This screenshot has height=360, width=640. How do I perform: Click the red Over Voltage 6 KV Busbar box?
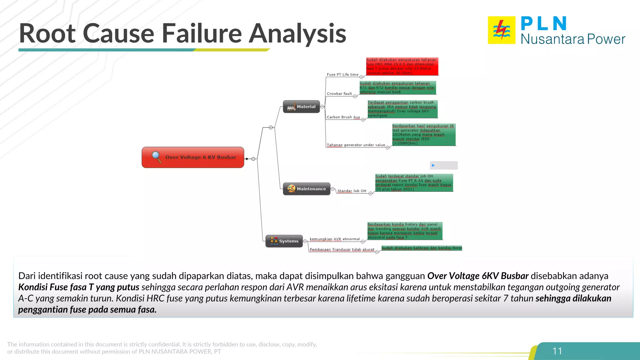point(193,157)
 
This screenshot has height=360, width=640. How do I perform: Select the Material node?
point(301,107)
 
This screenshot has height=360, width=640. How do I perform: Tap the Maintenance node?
point(307,189)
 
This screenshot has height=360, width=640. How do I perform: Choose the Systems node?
point(284,241)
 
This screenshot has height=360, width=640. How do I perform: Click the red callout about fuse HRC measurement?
point(402,66)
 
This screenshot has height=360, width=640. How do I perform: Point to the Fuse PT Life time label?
point(342,74)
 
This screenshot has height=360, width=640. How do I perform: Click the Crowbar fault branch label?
point(339,93)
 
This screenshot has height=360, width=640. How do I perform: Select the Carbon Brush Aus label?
point(343,117)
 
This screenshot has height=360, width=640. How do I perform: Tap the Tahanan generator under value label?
point(356,145)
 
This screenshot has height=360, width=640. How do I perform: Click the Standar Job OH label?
point(352,191)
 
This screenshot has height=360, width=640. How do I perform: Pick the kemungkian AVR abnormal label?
point(335,239)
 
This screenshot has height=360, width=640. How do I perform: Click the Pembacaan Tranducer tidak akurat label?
point(342,249)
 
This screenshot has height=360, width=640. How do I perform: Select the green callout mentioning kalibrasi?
point(422,248)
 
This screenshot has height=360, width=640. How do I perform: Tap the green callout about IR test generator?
point(423,135)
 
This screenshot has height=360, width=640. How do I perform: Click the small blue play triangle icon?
point(433,165)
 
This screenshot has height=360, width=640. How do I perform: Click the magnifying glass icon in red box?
point(156,157)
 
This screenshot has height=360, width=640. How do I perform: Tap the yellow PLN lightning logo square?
point(502,30)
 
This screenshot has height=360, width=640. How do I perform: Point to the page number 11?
point(557,351)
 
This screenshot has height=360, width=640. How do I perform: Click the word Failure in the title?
point(202,33)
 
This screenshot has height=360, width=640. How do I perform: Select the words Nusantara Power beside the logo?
point(572,39)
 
